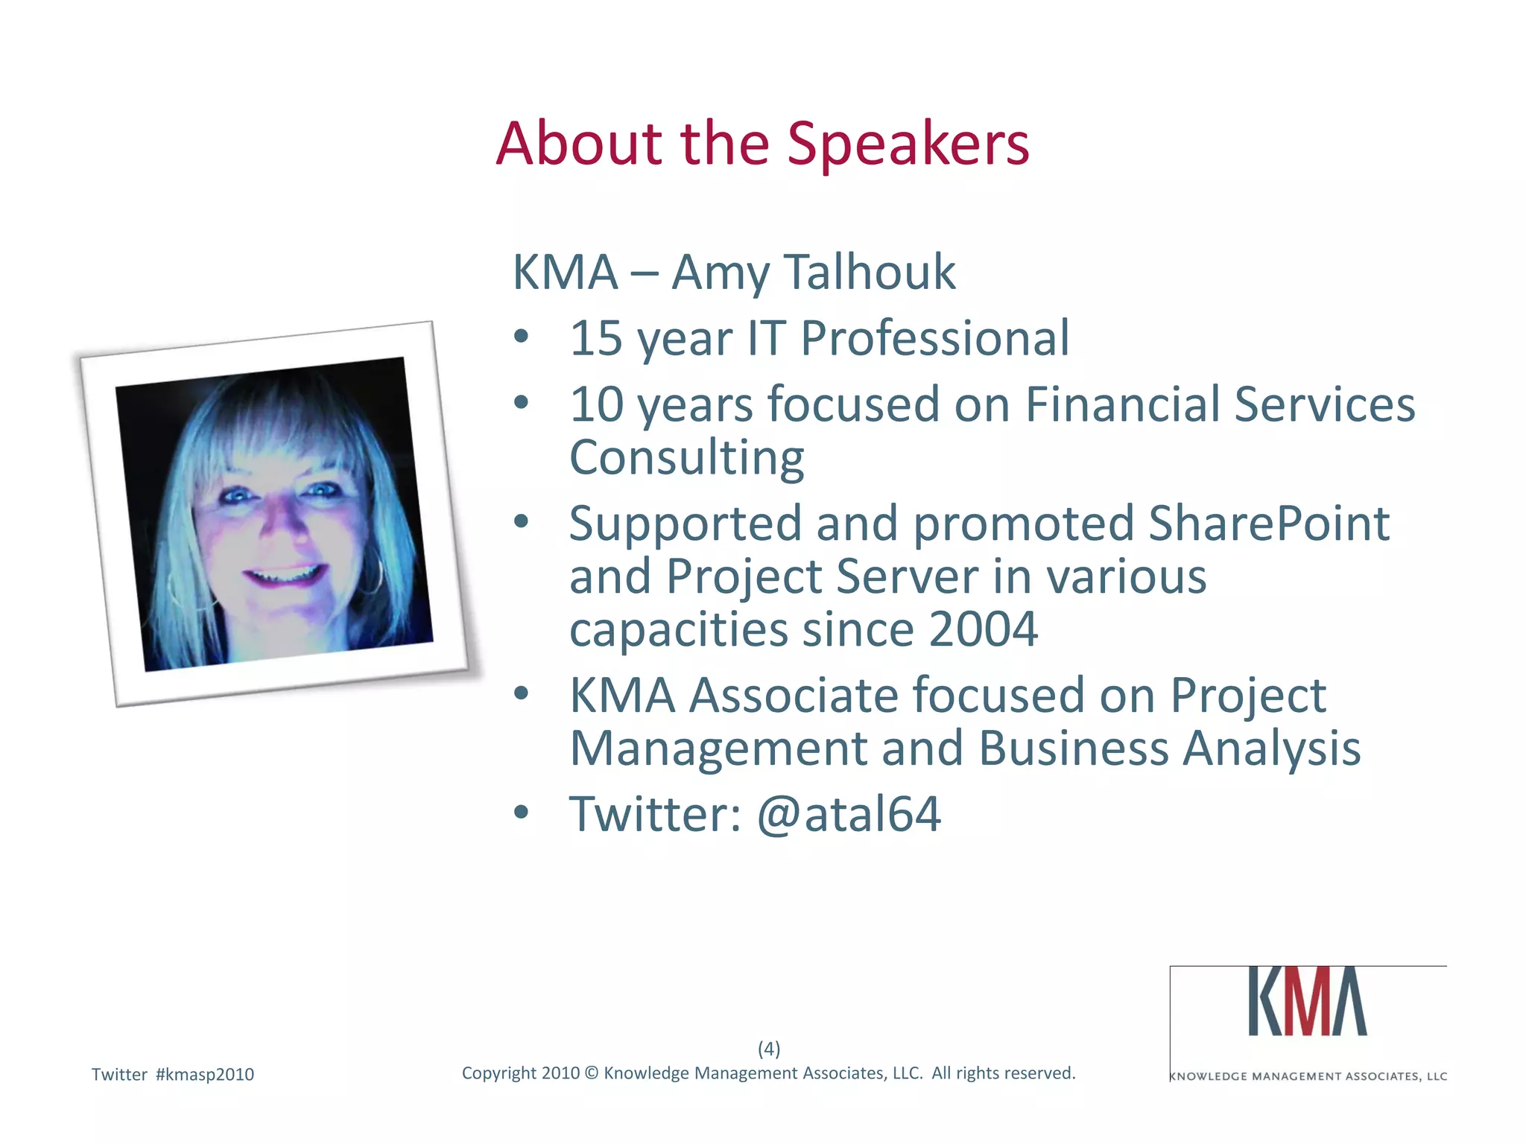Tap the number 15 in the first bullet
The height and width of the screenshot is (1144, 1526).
click(595, 339)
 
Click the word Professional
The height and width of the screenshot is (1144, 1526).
click(934, 339)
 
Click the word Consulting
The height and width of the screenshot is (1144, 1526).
click(686, 458)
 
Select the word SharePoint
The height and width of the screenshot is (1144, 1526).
click(1268, 524)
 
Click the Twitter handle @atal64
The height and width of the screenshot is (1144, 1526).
click(848, 814)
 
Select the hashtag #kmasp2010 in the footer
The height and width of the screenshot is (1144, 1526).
click(205, 1075)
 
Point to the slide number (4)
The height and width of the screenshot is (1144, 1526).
click(769, 1049)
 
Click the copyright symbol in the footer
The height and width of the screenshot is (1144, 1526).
click(592, 1073)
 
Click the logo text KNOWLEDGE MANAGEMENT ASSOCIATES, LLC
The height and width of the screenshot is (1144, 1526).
click(1308, 1076)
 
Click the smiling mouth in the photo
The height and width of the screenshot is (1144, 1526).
click(285, 575)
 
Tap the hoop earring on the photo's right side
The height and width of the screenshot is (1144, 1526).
click(373, 577)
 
